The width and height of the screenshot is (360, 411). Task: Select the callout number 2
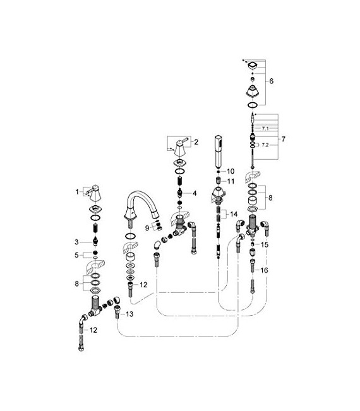196,143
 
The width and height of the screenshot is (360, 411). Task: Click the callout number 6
272,81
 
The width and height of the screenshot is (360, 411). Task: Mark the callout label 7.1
265,128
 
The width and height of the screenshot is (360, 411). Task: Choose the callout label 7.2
265,145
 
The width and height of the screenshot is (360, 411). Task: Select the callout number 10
231,171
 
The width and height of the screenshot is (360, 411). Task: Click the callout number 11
231,181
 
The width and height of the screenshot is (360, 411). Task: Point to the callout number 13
130,314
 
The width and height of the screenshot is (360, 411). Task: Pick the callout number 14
233,214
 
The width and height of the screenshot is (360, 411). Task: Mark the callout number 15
265,244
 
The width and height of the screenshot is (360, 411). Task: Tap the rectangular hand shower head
218,149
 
